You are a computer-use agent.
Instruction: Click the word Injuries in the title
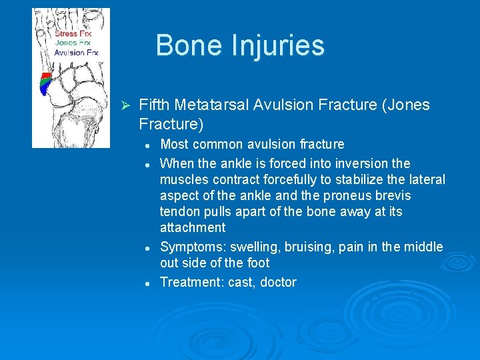(281, 46)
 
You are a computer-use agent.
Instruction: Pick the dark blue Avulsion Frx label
(77, 51)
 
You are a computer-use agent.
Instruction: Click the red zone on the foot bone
(47, 75)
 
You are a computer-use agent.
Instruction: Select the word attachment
(193, 227)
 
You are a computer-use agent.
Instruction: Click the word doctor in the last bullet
(278, 282)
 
